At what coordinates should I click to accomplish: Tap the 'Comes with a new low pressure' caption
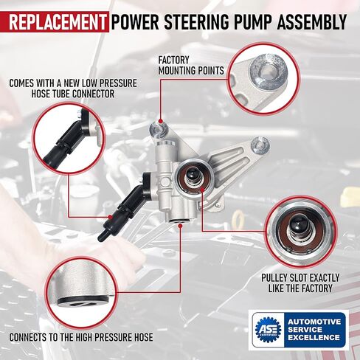coord(72,83)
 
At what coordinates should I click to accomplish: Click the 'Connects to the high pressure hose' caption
coord(80,337)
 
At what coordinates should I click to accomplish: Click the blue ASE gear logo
coord(267,328)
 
